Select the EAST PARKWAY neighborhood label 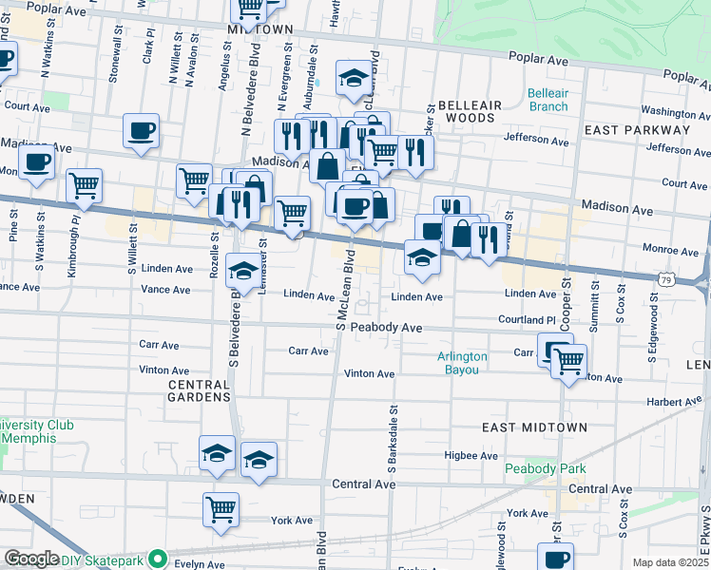click(637, 130)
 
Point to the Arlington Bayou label click(462, 363)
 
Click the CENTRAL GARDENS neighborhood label click(199, 390)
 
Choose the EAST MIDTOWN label click(534, 427)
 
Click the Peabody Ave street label click(385, 327)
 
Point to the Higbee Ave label click(471, 456)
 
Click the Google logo click(31, 559)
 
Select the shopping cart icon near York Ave click(221, 509)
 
